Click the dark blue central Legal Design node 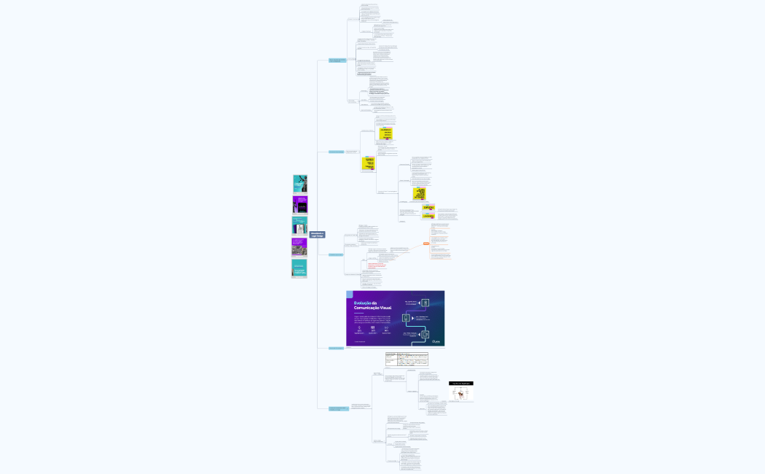click(318, 235)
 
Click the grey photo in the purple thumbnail click(299, 249)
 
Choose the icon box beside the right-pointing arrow click(425, 302)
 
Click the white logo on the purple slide click(436, 341)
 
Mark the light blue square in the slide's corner click(350, 294)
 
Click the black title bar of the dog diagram click(460, 383)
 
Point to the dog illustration click(460, 394)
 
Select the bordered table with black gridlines click(407, 359)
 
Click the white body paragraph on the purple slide click(372, 319)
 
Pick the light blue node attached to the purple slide click(336, 348)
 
